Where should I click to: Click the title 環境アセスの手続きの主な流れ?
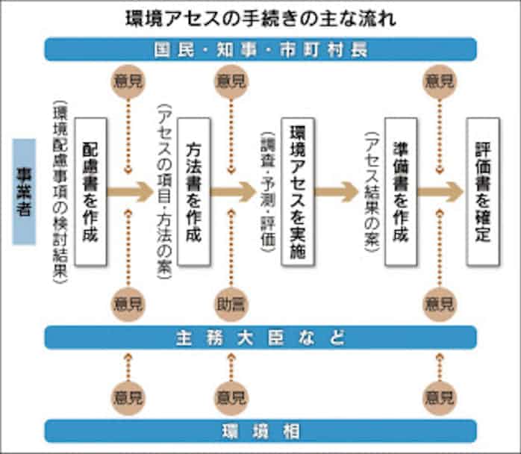[260, 17]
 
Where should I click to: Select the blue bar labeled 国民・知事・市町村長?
[260, 49]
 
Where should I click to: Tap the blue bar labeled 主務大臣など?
[260, 338]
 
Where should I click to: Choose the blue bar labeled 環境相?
[260, 431]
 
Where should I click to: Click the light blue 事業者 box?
[24, 191]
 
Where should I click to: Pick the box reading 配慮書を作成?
[90, 191]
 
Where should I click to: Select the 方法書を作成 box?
[193, 191]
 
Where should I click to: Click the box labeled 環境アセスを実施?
[296, 191]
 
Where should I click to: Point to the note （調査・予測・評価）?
[267, 191]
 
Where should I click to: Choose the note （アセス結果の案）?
[370, 191]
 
